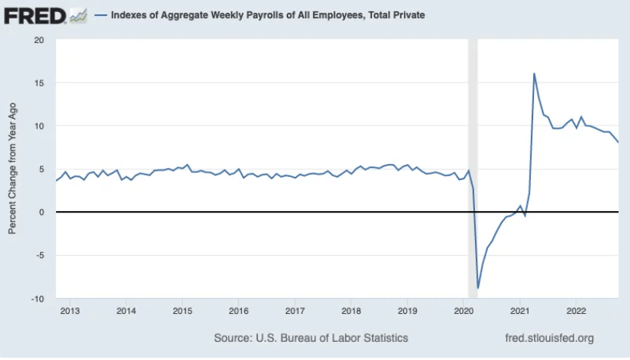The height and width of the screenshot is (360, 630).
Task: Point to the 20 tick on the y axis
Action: click(x=39, y=39)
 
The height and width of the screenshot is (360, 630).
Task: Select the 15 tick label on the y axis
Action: click(x=39, y=82)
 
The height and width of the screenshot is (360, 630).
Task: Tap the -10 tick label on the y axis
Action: click(x=36, y=299)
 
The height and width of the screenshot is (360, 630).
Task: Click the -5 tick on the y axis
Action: click(x=39, y=256)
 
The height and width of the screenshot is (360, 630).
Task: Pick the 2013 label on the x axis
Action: click(x=70, y=311)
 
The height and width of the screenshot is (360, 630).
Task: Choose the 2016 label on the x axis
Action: click(x=238, y=311)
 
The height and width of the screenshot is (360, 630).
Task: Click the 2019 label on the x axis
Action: click(x=408, y=311)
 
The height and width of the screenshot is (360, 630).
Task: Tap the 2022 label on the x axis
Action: click(x=576, y=311)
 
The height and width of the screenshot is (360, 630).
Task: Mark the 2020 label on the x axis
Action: click(x=464, y=311)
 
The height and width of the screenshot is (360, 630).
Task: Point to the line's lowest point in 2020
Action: click(x=478, y=288)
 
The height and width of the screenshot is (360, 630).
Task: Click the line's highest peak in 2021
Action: click(x=534, y=73)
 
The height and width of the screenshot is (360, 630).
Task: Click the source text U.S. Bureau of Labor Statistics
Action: click(x=311, y=337)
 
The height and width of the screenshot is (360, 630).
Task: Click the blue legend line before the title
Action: click(x=100, y=14)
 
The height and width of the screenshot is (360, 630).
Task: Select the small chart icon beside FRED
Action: click(x=78, y=14)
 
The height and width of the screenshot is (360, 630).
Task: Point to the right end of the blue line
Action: click(x=619, y=142)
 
